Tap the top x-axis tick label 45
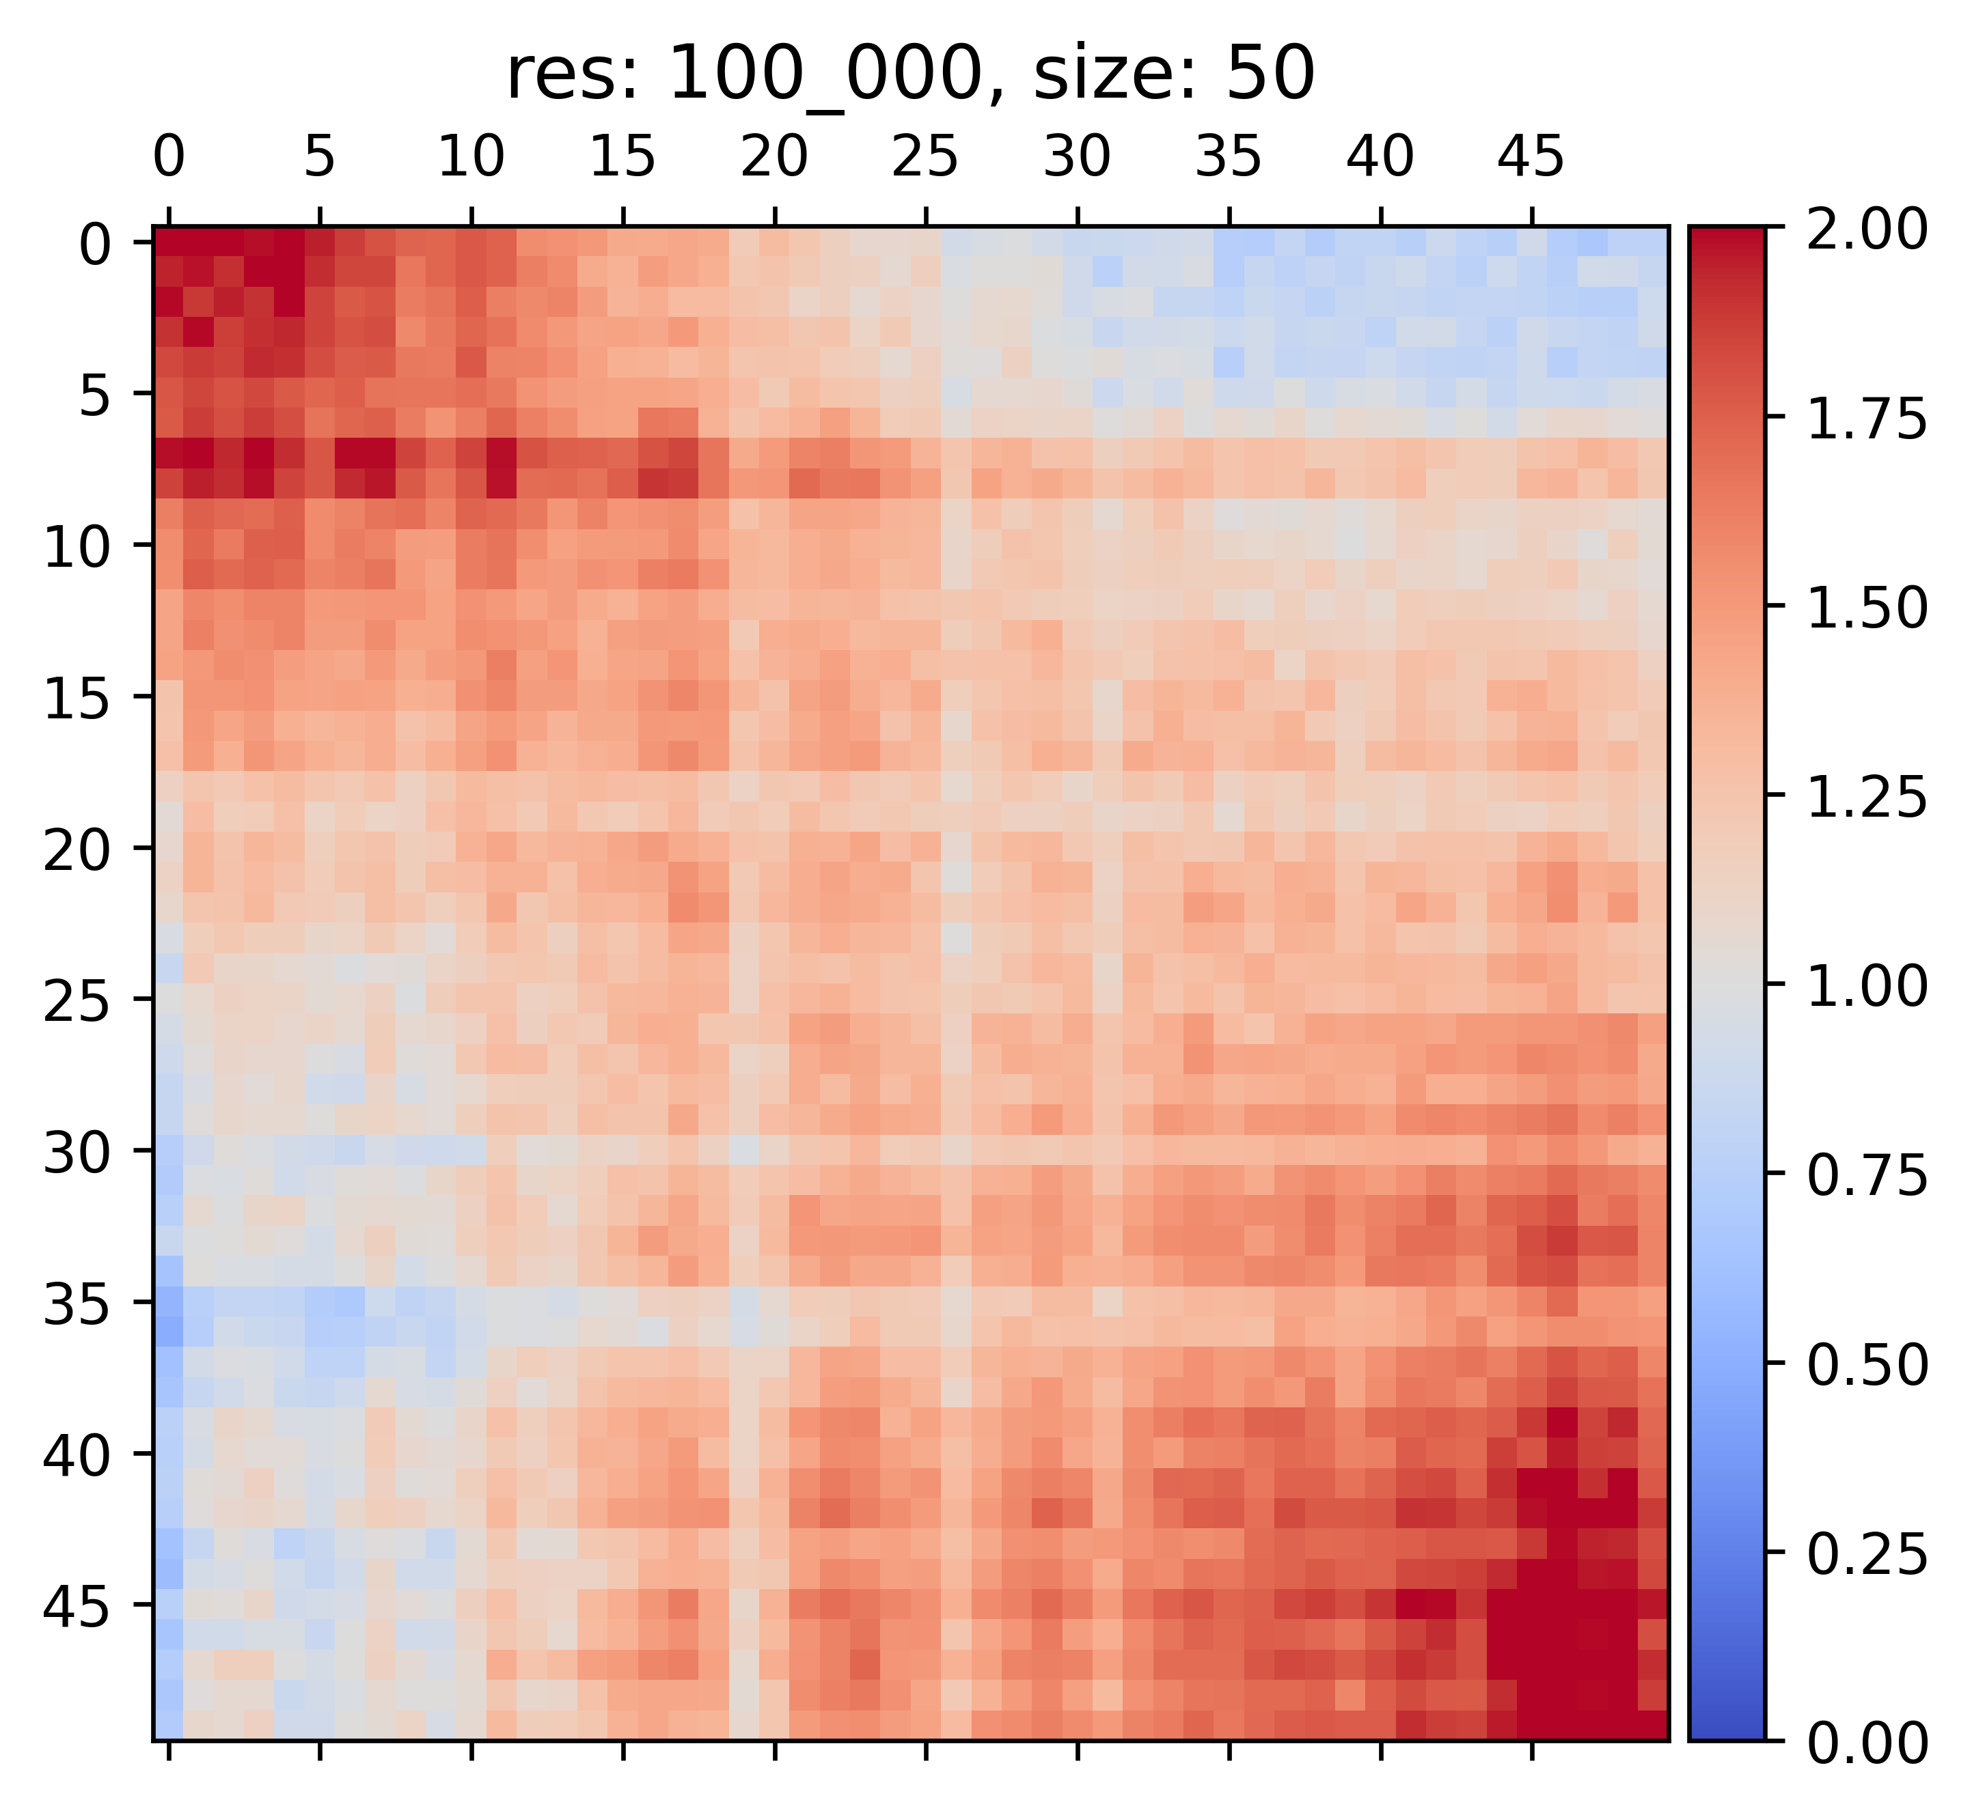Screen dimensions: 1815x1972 point(1530,157)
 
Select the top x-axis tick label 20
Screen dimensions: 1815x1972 point(774,157)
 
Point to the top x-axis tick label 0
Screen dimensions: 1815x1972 point(168,157)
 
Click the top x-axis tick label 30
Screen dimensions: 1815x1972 point(1077,157)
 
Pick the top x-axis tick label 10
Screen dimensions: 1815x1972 point(471,157)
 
